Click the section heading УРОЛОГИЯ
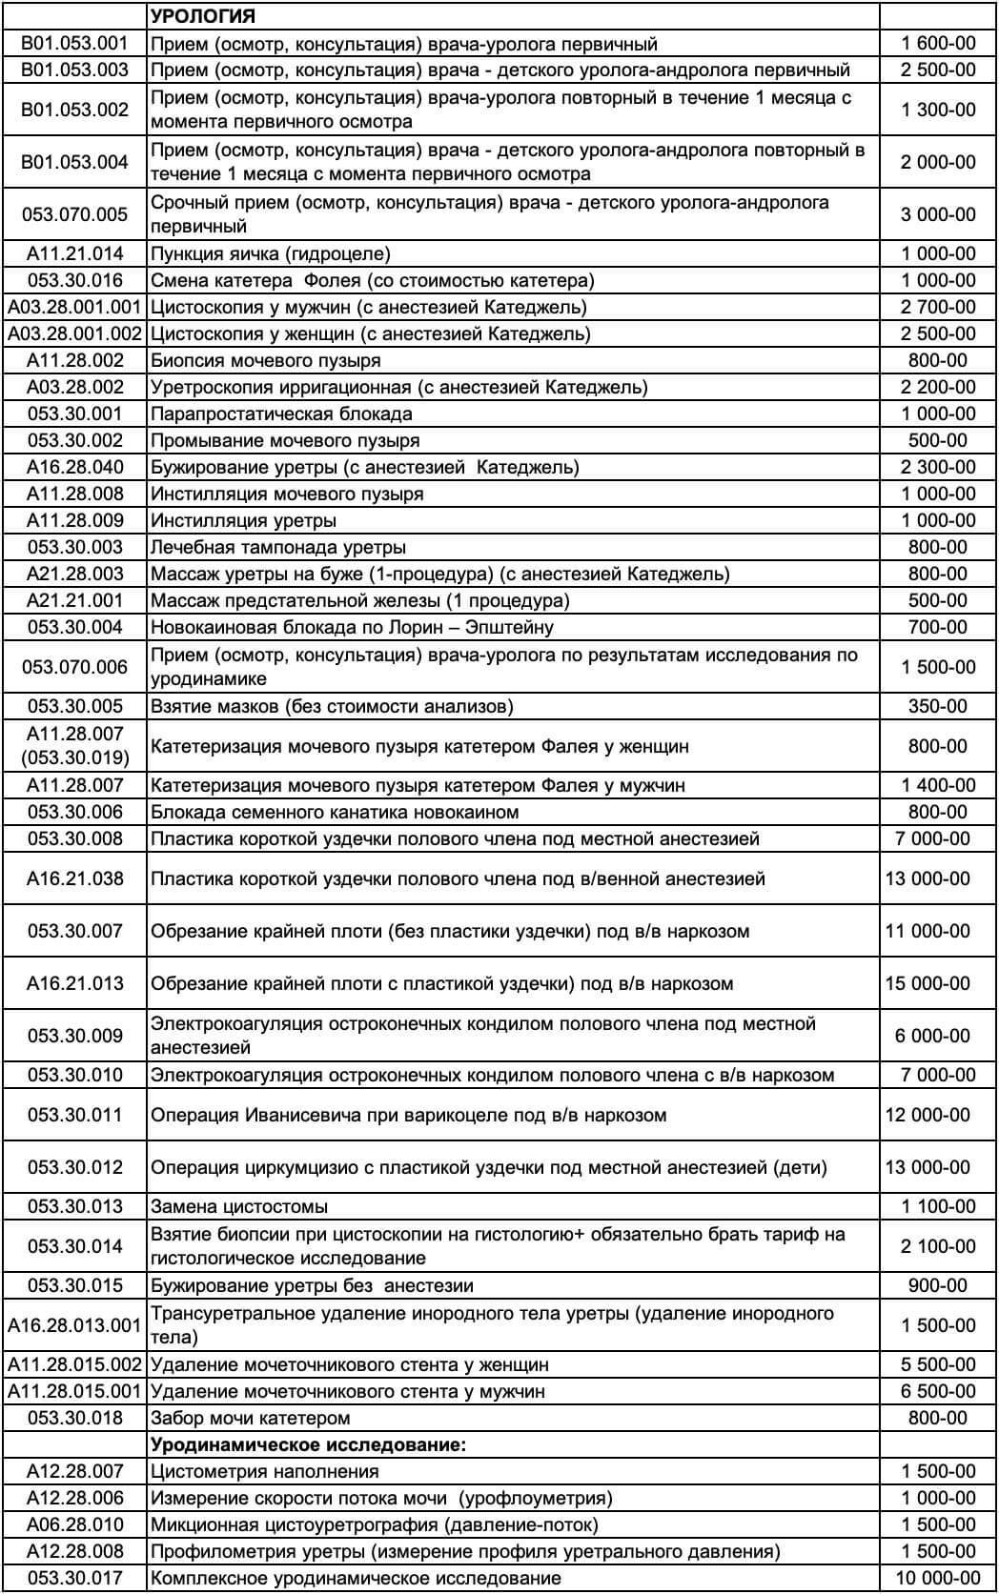(203, 16)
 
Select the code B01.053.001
(74, 43)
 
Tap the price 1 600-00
(938, 43)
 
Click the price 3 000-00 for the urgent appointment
(938, 214)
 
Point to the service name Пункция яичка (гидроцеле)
(271, 253)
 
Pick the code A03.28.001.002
(74, 333)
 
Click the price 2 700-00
(938, 307)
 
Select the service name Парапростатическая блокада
(281, 414)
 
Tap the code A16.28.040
(74, 467)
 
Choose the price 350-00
(938, 706)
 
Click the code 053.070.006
(74, 667)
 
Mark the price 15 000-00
(928, 983)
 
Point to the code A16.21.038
(74, 878)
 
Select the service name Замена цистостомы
(239, 1206)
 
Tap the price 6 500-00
(938, 1391)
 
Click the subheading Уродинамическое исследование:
(309, 1444)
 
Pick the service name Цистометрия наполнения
(265, 1471)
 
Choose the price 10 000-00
(937, 1578)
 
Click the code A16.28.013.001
(74, 1325)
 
